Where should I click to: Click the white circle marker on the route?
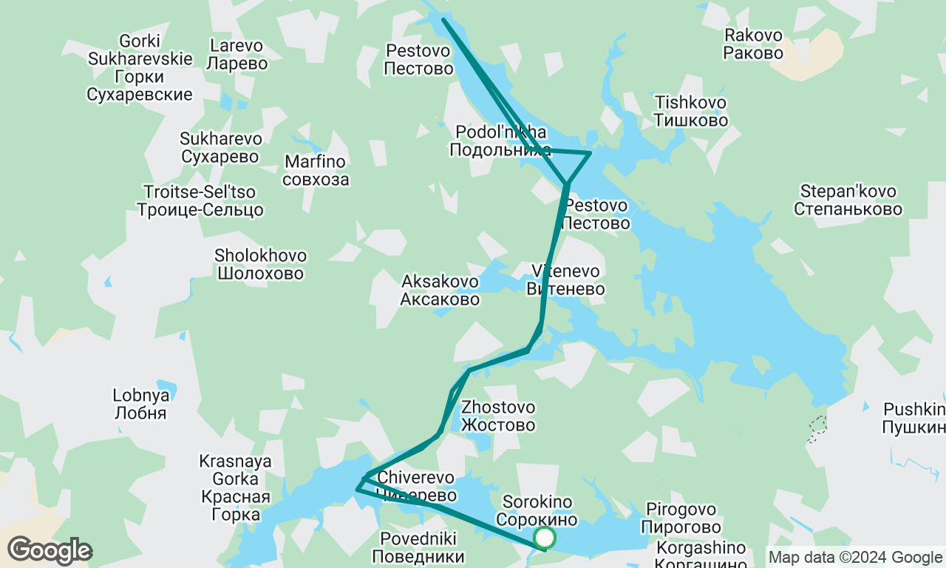click(x=545, y=538)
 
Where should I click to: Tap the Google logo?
click(x=50, y=551)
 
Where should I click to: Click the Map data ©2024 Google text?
click(x=855, y=558)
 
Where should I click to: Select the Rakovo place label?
click(x=753, y=44)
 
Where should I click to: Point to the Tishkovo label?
click(x=691, y=111)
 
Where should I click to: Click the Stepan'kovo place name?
click(x=848, y=200)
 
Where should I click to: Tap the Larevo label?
click(x=236, y=54)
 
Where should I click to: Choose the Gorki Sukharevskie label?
click(x=140, y=67)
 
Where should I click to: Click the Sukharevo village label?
click(x=221, y=147)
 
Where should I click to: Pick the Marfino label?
click(x=315, y=170)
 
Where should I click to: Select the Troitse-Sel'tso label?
click(x=200, y=201)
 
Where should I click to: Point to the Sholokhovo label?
click(x=260, y=264)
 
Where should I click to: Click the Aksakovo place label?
click(x=440, y=290)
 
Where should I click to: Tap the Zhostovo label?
click(x=498, y=416)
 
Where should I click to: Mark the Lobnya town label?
click(x=140, y=404)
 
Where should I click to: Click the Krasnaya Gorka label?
click(x=235, y=488)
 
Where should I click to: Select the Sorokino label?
click(x=537, y=510)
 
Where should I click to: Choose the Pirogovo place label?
click(x=681, y=518)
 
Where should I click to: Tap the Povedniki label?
click(x=418, y=547)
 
